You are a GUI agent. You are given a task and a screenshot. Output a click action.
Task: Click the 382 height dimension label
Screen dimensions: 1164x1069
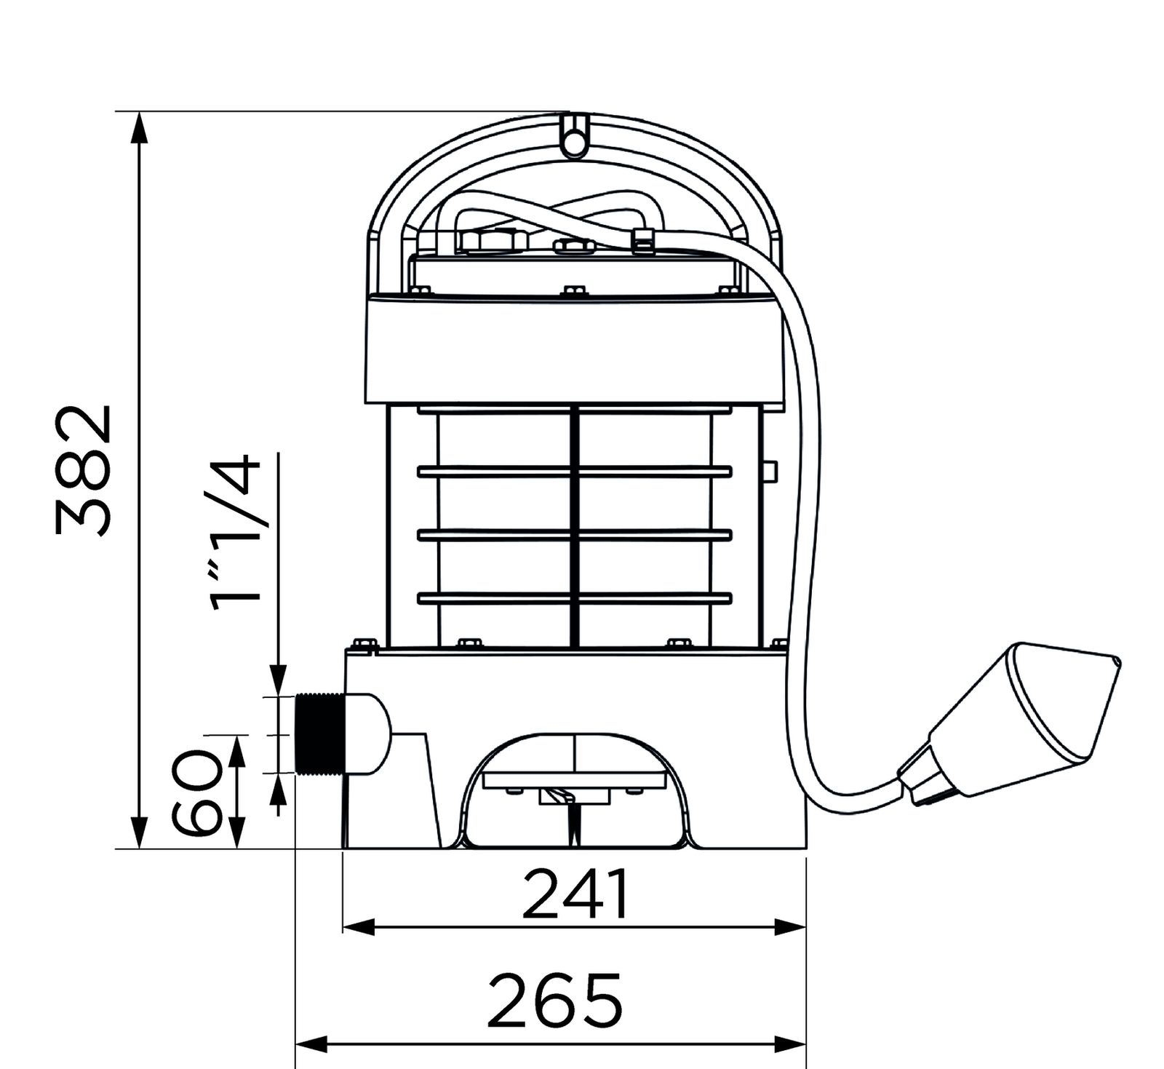(83, 471)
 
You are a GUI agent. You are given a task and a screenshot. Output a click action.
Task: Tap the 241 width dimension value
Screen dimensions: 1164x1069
(575, 893)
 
